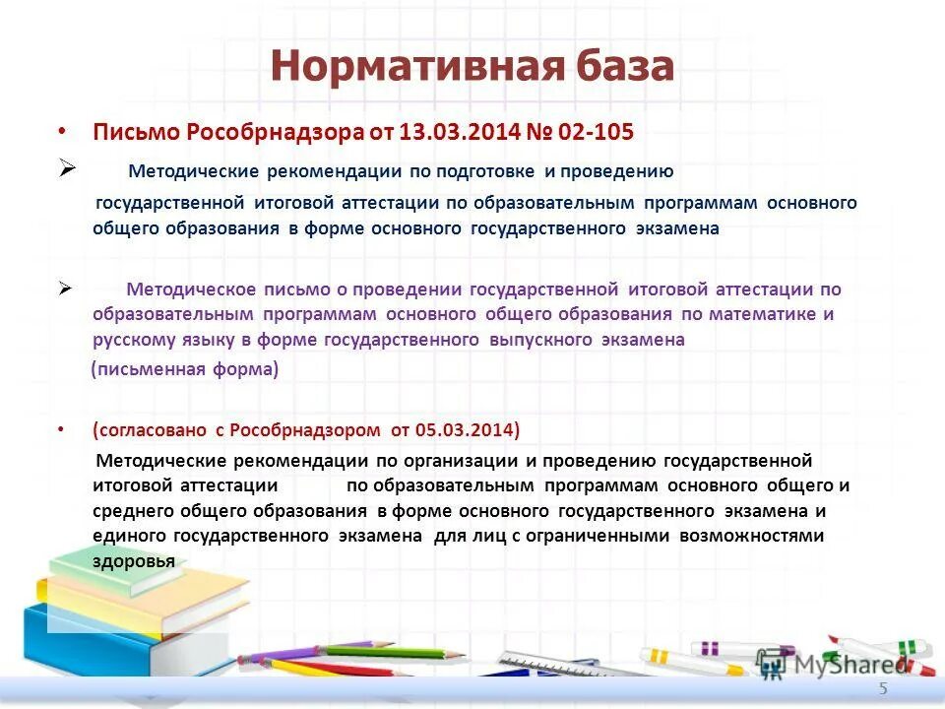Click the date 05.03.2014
click(x=464, y=429)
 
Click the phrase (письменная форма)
click(x=185, y=370)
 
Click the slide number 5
click(x=883, y=689)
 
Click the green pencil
click(x=394, y=651)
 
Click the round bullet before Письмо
click(x=62, y=131)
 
